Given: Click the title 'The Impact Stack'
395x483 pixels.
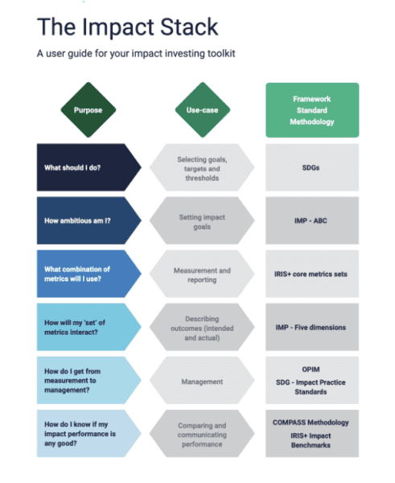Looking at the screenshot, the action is pos(127,27).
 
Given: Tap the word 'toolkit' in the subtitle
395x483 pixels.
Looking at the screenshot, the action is pos(221,53).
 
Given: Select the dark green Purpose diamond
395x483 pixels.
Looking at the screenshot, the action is pos(88,110).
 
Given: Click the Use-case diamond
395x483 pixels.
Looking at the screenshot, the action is pos(203,110).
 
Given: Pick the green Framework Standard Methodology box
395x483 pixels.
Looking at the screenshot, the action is pos(312,110).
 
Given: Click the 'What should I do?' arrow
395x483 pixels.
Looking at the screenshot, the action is pos(89,167).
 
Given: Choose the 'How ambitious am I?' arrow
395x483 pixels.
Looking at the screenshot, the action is pos(89,221).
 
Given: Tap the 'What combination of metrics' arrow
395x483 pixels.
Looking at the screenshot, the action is pos(89,274).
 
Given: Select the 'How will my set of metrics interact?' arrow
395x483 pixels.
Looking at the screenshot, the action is pos(89,327).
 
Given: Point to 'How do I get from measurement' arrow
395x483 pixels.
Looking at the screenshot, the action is pos(89,381).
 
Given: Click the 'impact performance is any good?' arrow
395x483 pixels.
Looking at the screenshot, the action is pos(89,434).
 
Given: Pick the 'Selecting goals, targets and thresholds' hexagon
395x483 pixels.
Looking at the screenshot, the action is pos(202,167).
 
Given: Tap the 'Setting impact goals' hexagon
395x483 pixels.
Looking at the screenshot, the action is pos(202,221).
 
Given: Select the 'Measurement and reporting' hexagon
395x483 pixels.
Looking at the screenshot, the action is pos(202,274).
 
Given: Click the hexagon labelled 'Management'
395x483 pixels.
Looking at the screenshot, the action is pos(202,381).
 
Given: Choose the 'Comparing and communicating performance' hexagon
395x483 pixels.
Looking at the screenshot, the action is pos(202,434).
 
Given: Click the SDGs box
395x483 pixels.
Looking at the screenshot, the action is pos(312,167).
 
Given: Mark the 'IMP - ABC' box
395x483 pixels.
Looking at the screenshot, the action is pos(312,221).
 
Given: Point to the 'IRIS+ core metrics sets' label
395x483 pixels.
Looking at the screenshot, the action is pos(311,275).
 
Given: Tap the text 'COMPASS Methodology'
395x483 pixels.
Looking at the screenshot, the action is pos(311,423).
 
